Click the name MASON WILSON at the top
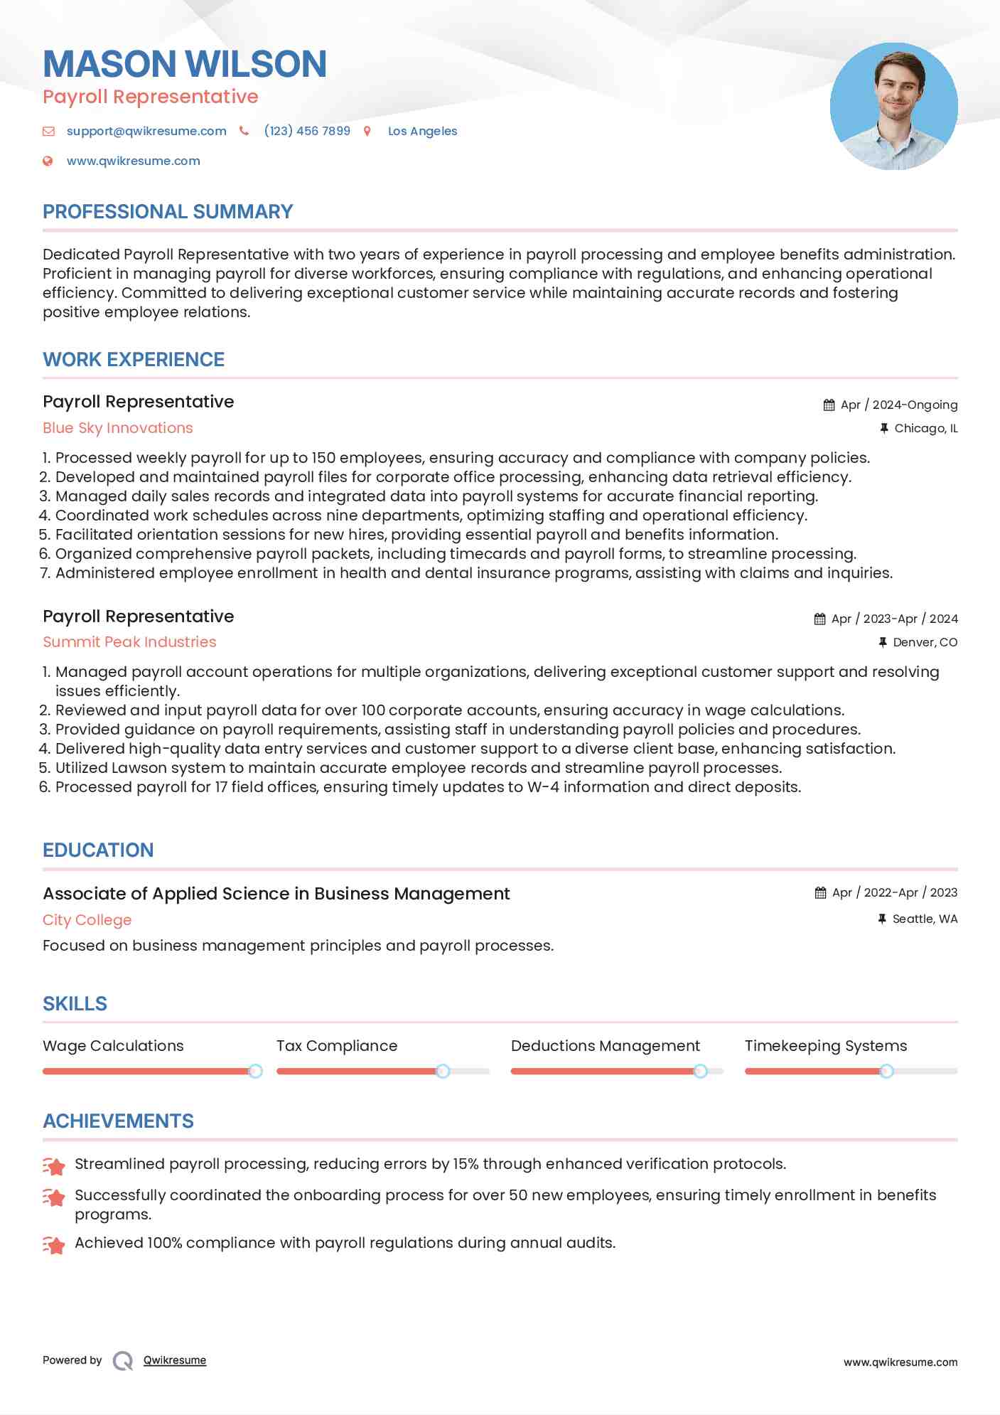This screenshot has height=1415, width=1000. tap(185, 64)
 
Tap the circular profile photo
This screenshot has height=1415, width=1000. tap(893, 106)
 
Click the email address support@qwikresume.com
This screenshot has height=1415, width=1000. tap(146, 131)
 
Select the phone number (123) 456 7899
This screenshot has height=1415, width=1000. tap(307, 131)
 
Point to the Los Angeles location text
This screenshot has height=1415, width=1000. tap(422, 131)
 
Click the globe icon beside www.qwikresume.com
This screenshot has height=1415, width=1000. tap(48, 161)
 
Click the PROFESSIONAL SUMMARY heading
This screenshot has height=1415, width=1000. tap(168, 212)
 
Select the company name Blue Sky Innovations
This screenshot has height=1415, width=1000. tap(118, 428)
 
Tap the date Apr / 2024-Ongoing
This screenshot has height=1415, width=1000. tap(898, 405)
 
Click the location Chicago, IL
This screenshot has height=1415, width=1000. tap(925, 428)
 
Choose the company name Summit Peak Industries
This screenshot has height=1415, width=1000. tap(129, 642)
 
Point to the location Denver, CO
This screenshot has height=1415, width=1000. tap(925, 642)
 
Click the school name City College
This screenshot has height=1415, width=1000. tap(87, 920)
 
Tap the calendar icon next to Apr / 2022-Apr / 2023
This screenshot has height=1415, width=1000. tap(820, 892)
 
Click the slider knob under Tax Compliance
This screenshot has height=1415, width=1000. tap(443, 1071)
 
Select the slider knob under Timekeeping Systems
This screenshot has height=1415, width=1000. tap(886, 1071)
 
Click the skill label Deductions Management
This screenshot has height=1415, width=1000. tap(605, 1046)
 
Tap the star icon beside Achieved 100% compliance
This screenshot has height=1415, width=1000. tap(54, 1245)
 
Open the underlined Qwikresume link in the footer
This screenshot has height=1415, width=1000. tap(175, 1360)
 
